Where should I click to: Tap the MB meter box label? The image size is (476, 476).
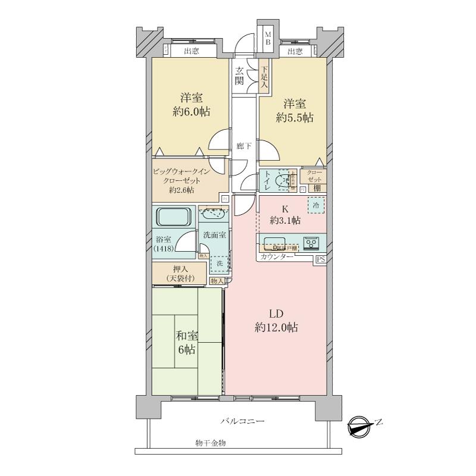(x=268, y=39)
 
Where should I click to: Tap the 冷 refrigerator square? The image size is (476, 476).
(x=316, y=205)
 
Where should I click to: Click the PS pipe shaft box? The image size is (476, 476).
(x=320, y=259)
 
